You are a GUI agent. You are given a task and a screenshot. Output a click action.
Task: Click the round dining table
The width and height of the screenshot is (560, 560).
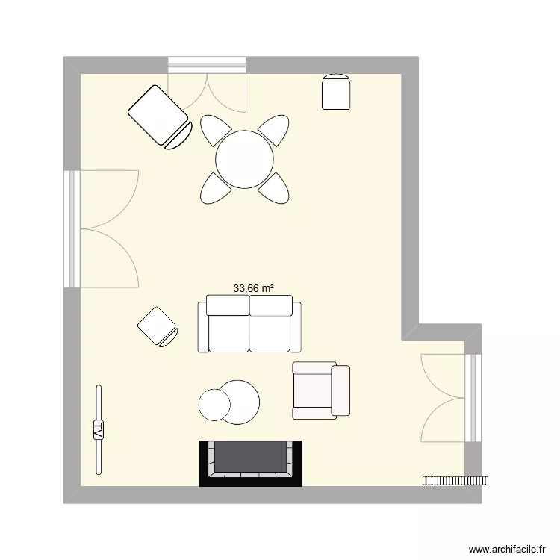(244, 160)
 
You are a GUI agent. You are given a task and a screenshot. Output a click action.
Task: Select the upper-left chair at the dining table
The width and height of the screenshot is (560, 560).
(214, 131)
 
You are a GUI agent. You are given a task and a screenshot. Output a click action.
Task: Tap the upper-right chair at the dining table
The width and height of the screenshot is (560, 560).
(274, 131)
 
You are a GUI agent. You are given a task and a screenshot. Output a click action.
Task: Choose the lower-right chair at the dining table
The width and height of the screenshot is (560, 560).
(275, 187)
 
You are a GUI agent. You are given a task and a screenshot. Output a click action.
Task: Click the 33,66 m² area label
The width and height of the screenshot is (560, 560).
(254, 287)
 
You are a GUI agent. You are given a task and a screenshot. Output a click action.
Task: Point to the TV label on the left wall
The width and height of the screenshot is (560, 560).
(98, 429)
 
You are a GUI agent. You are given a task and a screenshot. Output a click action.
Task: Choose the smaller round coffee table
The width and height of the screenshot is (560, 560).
(215, 405)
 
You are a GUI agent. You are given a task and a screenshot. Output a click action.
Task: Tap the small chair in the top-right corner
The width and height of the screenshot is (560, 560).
(336, 92)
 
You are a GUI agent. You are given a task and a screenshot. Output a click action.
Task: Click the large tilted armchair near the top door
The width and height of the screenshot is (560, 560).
(158, 116)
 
